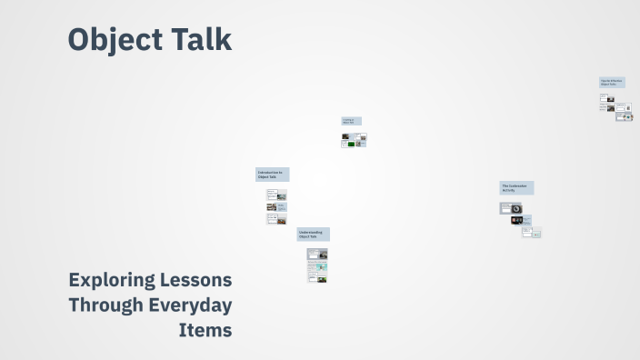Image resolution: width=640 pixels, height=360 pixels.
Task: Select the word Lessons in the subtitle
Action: click(x=202, y=280)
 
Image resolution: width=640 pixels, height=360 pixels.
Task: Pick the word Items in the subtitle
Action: click(x=206, y=330)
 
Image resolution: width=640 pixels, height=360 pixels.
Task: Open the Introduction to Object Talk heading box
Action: click(x=272, y=175)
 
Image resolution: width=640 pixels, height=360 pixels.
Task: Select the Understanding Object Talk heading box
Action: click(x=313, y=235)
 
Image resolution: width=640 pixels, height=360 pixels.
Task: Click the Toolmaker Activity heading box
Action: click(x=516, y=188)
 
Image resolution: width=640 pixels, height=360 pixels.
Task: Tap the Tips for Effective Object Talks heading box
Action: click(x=612, y=82)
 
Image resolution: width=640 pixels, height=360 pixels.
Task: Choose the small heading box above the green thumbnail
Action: click(x=352, y=121)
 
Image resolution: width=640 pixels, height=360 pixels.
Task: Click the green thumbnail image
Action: click(x=348, y=144)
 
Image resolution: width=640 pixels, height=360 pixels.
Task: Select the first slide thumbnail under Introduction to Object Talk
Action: click(x=275, y=195)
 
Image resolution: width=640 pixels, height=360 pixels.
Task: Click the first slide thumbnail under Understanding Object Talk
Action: click(x=316, y=254)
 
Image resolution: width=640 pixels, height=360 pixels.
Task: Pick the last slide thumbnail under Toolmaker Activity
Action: click(x=532, y=233)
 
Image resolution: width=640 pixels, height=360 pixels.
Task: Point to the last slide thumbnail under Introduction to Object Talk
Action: click(x=275, y=218)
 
